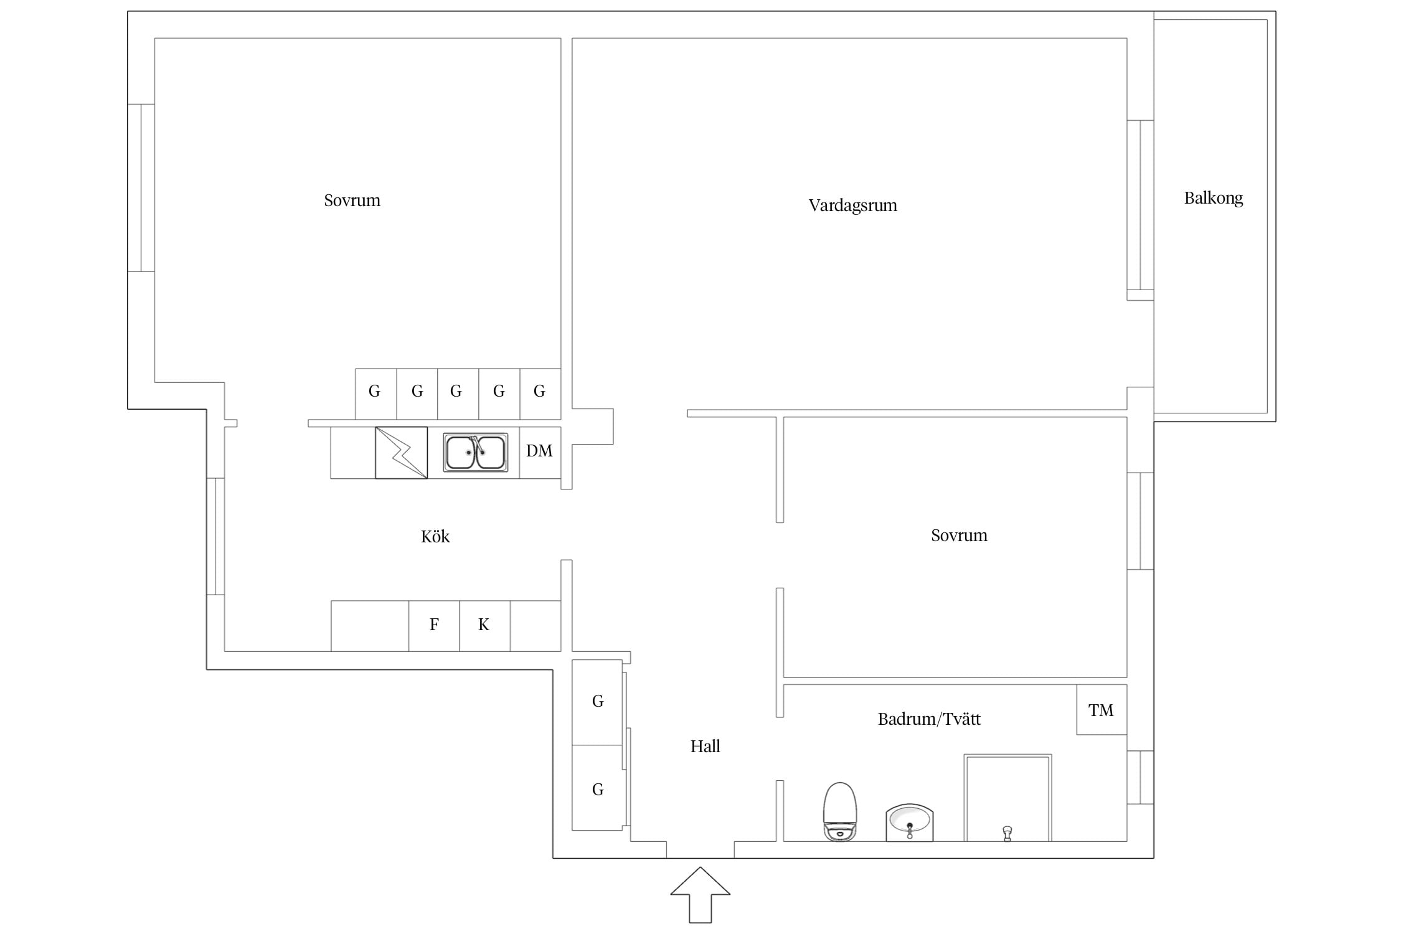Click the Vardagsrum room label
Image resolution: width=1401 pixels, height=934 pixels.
[852, 205]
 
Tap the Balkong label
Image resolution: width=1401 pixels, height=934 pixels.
[1213, 198]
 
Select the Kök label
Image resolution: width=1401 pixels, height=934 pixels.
[435, 536]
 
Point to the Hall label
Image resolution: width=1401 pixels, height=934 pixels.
[705, 746]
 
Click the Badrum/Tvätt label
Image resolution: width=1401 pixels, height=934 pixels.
[929, 719]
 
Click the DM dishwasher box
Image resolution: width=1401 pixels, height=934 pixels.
[540, 452]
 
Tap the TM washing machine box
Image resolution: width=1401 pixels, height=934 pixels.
[1101, 710]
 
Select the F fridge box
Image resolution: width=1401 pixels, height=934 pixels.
[434, 626]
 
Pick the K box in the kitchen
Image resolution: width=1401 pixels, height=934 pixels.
[484, 626]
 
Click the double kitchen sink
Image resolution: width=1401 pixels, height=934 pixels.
[476, 452]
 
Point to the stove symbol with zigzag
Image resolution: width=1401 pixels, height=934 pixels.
[401, 453]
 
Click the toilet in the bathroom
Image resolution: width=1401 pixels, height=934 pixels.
[840, 812]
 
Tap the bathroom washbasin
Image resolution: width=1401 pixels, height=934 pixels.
[909, 823]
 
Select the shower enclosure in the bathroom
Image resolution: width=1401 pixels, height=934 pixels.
[1008, 798]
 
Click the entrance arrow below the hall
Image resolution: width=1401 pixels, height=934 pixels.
[700, 894]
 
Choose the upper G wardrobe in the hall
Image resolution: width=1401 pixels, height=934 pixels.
[597, 702]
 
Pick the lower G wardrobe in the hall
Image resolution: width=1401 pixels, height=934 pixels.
[597, 788]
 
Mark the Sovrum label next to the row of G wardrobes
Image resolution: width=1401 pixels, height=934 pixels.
[352, 200]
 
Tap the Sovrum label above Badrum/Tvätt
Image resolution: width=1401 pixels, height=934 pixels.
[959, 535]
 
